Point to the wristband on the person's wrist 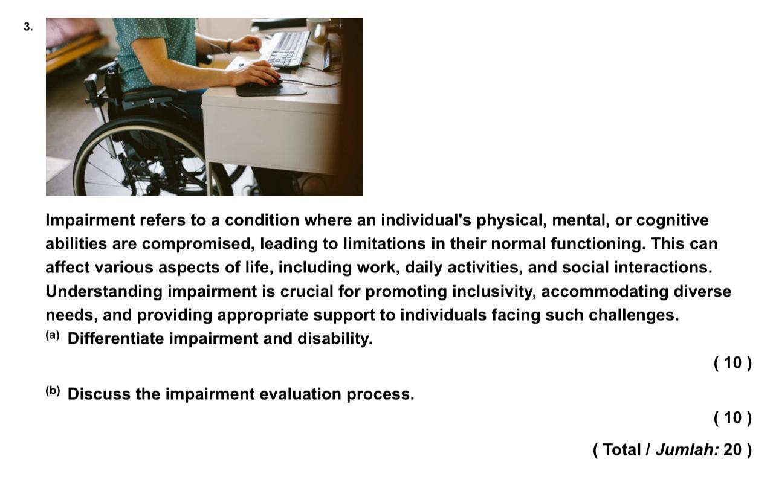tap(230, 46)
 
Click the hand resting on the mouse tap(254, 73)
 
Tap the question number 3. tap(28, 27)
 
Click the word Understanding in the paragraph tap(104, 292)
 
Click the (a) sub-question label tap(53, 336)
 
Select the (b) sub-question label tap(53, 391)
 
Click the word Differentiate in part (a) tap(115, 339)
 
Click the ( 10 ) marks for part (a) tap(732, 363)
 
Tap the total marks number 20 tap(732, 450)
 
